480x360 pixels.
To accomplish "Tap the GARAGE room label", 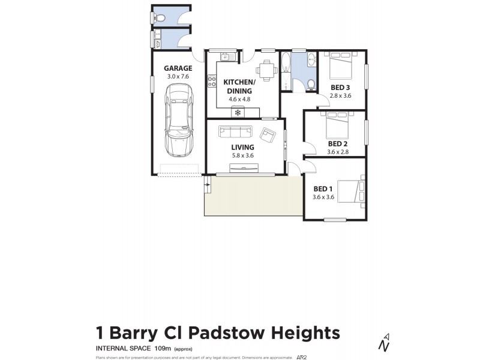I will click(178, 68).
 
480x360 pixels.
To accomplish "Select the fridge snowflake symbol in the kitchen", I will click(238, 112).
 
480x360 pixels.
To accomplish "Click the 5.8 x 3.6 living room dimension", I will click(243, 156).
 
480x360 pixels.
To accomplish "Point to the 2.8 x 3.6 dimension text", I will click(341, 95).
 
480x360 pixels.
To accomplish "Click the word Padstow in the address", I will click(230, 332).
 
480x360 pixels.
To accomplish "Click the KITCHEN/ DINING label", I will click(239, 86).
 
